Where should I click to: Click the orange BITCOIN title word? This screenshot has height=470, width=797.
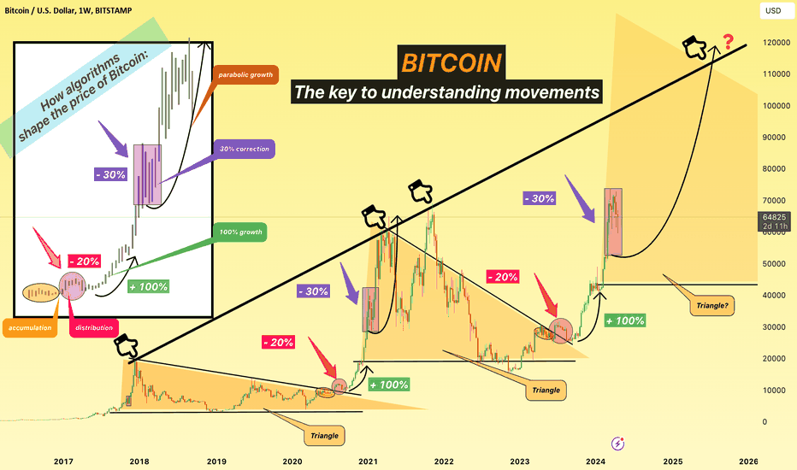[452, 63]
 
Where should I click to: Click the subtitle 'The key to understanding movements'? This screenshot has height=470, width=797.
[446, 92]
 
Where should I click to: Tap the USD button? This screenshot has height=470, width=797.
[774, 10]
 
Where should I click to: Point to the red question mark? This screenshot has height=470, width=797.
[729, 41]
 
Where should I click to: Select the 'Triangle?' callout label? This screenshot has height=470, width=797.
[711, 305]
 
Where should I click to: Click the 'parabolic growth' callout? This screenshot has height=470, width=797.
[245, 74]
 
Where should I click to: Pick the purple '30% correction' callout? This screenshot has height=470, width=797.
[245, 149]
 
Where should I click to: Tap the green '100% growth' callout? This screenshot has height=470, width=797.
[240, 232]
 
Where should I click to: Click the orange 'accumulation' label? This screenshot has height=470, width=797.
[30, 328]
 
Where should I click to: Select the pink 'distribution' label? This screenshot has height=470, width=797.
[94, 328]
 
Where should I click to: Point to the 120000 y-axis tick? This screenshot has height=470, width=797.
[776, 43]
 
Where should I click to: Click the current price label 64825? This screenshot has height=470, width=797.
[774, 217]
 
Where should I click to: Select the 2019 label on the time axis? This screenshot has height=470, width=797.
[216, 461]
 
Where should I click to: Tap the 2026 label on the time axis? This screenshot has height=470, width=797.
[748, 461]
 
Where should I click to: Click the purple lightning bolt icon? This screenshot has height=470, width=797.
[617, 443]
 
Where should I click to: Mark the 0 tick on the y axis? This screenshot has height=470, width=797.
[765, 422]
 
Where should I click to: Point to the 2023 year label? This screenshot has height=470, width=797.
[519, 461]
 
